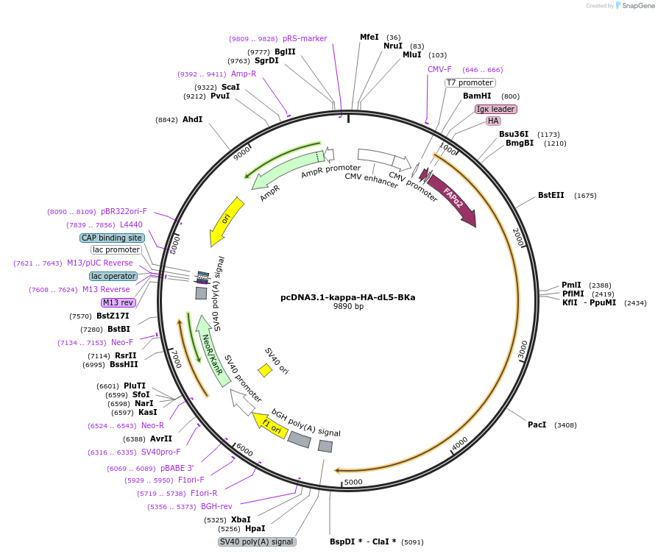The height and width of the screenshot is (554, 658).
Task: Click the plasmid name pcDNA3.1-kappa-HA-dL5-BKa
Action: (x=347, y=297)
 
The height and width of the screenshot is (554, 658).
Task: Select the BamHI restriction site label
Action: (x=476, y=96)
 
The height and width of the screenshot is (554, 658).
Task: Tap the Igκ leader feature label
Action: (x=496, y=109)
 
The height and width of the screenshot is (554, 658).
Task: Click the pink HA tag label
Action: (x=493, y=121)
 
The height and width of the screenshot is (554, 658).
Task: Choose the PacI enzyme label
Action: (x=537, y=425)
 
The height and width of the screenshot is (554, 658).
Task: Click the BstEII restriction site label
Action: (x=551, y=195)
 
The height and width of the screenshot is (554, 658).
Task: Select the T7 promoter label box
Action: (x=470, y=83)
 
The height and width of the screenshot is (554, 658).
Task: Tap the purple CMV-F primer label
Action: (x=439, y=69)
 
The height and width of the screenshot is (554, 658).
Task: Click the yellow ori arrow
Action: (x=224, y=221)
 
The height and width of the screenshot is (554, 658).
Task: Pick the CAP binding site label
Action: (x=112, y=238)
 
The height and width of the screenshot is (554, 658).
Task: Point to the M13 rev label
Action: (x=118, y=302)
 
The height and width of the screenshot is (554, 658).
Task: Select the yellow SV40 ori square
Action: (x=265, y=370)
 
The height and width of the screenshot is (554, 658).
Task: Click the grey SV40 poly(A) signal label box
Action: (x=257, y=541)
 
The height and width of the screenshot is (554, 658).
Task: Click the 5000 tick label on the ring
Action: (x=353, y=482)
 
